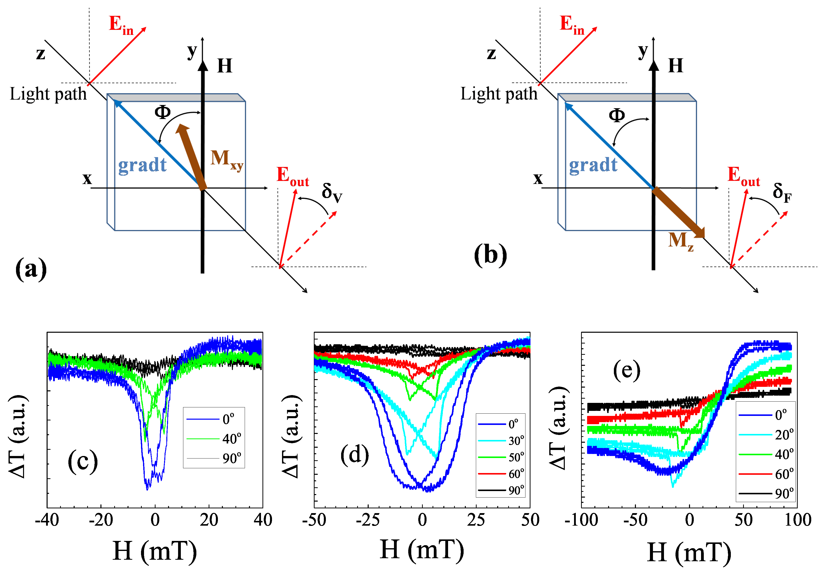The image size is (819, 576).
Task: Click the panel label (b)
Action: click(490, 255)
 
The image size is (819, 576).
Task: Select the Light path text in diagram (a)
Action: click(48, 94)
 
